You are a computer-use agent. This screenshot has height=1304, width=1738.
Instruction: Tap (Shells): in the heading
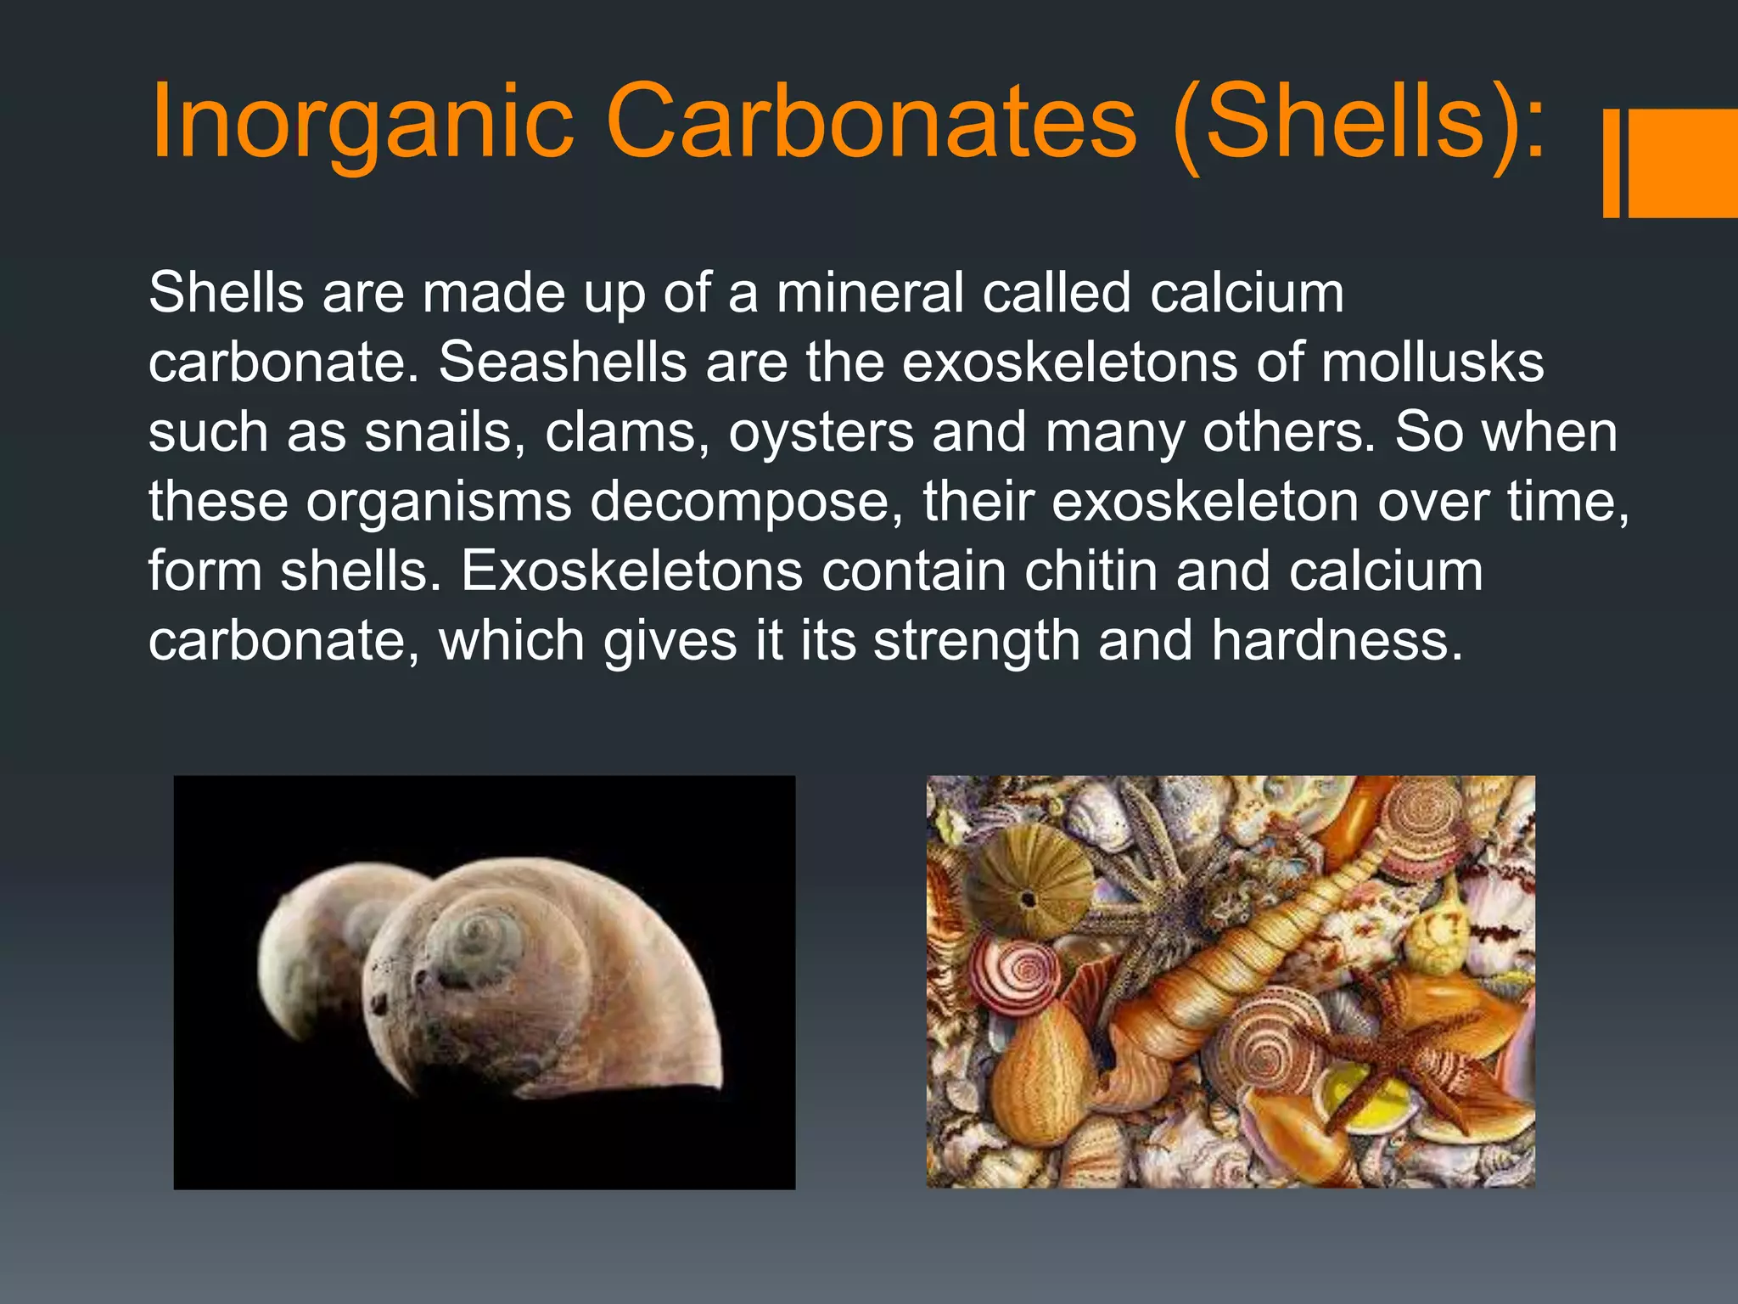1358,123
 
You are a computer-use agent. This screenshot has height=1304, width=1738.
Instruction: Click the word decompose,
747,502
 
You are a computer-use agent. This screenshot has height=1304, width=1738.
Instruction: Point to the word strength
976,640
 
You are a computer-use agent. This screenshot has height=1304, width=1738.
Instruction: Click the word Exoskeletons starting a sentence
631,570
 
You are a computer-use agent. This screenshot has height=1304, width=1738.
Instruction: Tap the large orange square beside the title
1684,163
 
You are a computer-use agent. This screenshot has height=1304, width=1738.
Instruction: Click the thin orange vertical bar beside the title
1611,163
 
